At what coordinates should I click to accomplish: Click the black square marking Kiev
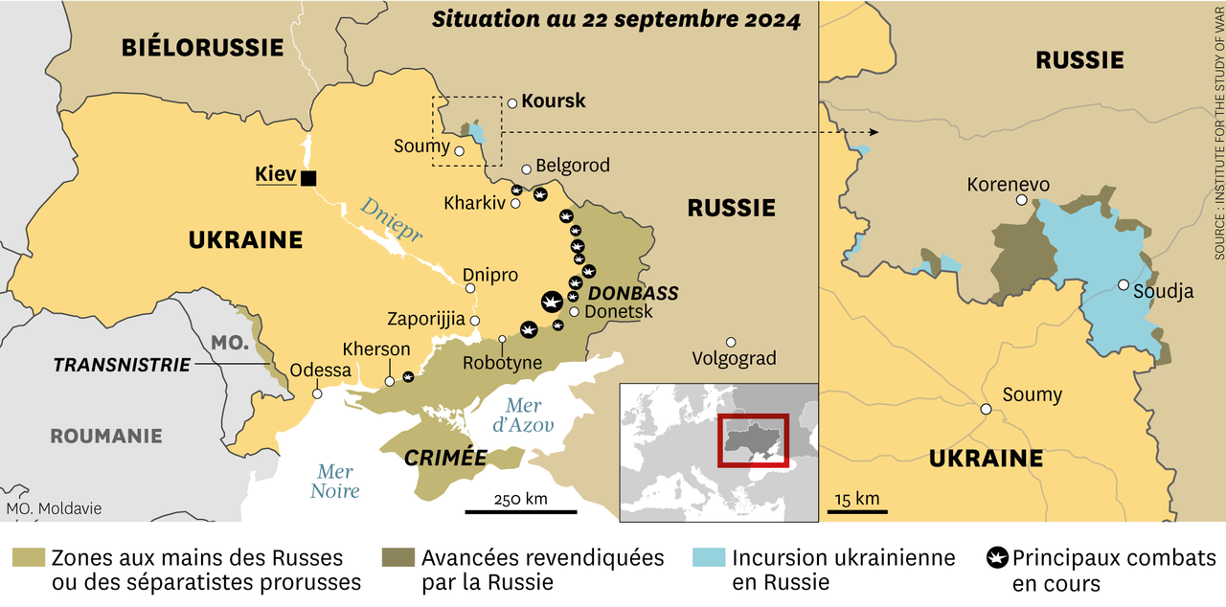point(308,177)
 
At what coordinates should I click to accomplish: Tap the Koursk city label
point(553,101)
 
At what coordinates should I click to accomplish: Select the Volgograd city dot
point(731,342)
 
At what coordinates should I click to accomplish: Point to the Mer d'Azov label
point(523,415)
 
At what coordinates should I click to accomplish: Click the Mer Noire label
point(334,482)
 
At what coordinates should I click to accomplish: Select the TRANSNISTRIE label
point(121,365)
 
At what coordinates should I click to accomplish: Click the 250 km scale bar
point(521,511)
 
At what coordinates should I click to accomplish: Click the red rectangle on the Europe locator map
point(753,440)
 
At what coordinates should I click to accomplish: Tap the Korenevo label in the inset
point(1008,184)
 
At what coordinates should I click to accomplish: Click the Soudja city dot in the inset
point(1123,285)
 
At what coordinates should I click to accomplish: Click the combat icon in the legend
point(996,557)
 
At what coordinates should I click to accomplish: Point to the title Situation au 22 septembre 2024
point(616,20)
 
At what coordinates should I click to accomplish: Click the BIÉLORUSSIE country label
point(202,47)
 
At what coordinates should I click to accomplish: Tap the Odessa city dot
point(317,393)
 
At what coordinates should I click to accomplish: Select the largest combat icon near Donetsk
point(552,302)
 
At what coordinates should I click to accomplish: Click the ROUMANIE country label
point(105,436)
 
